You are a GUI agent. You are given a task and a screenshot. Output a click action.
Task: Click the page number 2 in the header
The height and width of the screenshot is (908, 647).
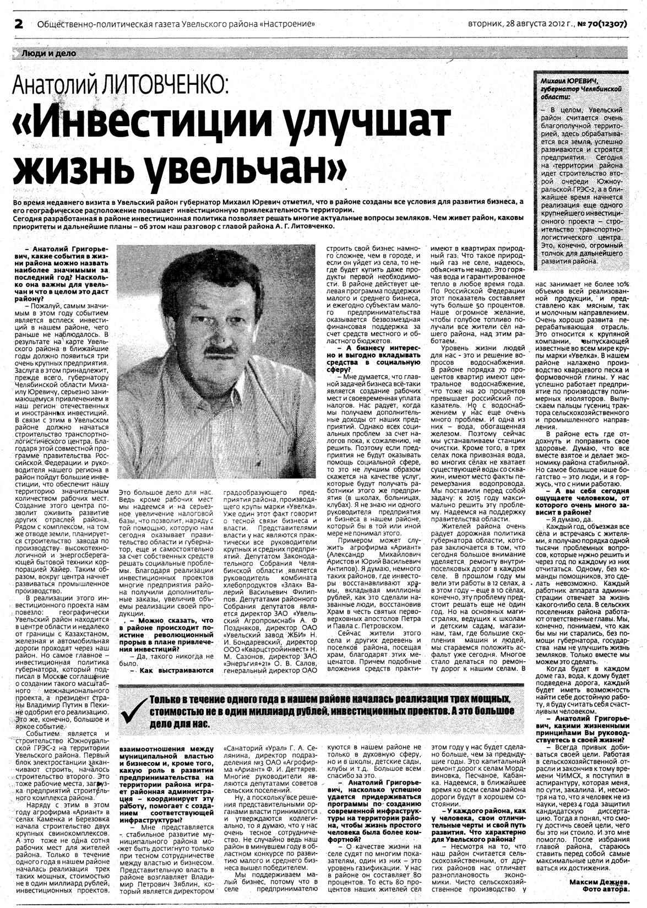(19, 24)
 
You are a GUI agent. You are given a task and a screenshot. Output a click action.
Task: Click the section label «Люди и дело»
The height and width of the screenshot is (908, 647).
(48, 53)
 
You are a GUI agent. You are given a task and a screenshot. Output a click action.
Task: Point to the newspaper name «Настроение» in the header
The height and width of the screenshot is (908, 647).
(288, 24)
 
